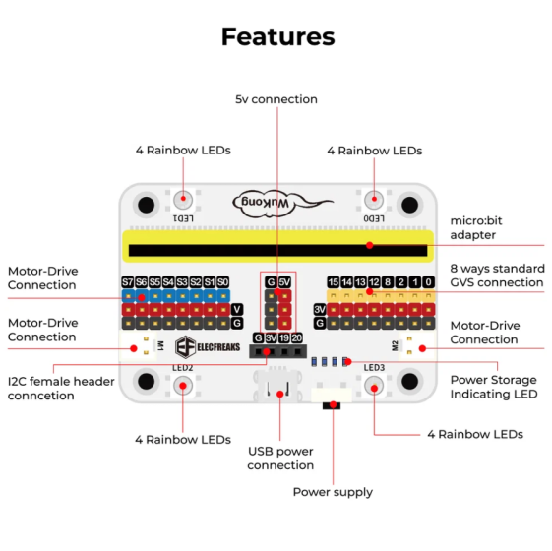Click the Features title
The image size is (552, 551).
coord(278,36)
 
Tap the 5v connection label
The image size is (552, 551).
coord(276,99)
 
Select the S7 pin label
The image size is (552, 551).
coord(128,282)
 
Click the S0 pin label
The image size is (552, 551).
coord(223,282)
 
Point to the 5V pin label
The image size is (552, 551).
coord(284,282)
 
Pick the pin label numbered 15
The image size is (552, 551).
coord(333,282)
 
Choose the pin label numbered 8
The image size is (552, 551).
coord(388,282)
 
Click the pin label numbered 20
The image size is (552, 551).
coord(297,338)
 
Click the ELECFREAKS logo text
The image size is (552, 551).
coord(218,347)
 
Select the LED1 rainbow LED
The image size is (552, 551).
coord(183,200)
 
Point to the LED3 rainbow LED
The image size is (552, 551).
coord(374,386)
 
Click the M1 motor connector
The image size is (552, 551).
coord(138,345)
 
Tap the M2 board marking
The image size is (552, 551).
coord(395,345)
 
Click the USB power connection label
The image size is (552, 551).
coord(280,459)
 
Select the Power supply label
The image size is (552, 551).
coord(333,492)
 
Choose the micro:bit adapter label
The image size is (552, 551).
coord(476,228)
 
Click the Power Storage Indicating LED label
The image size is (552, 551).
coord(494,387)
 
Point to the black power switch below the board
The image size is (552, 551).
coord(332,406)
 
